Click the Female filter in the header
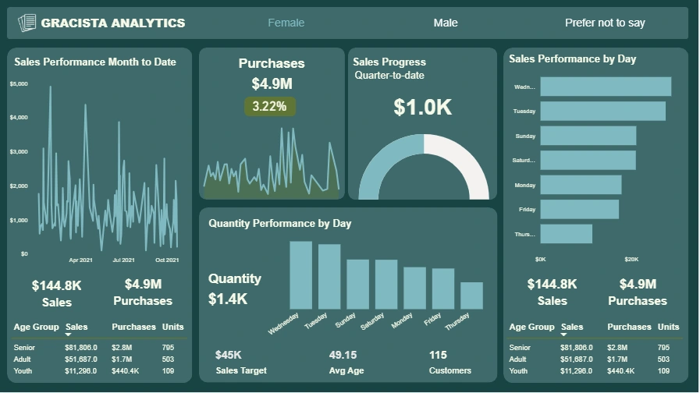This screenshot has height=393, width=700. click(x=286, y=23)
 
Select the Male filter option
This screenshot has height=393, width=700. click(x=446, y=23)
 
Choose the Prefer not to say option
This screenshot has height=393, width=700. click(x=605, y=23)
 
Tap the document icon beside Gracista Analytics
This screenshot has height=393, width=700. click(x=27, y=23)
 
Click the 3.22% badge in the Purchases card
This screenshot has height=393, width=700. click(x=270, y=106)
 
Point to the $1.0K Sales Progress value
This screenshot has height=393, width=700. click(x=422, y=108)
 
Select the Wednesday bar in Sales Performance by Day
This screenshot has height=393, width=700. click(x=606, y=87)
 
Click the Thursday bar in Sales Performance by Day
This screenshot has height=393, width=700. click(x=566, y=234)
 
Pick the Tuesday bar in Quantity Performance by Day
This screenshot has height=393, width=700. click(x=329, y=276)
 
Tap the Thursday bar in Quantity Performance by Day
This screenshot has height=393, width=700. click(x=471, y=296)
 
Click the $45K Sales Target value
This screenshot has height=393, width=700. click(x=228, y=355)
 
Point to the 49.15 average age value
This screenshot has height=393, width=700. click(x=343, y=355)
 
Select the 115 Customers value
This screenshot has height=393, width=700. click(x=438, y=355)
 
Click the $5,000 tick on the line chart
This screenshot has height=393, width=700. click(x=19, y=83)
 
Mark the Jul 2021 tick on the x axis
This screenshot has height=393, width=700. click(x=123, y=260)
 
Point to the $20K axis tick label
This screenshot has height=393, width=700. click(x=631, y=259)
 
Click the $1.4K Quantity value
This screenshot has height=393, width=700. click(x=227, y=299)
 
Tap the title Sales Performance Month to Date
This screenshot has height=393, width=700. click(x=95, y=62)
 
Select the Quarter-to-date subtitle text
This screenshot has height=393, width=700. click(x=389, y=76)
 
